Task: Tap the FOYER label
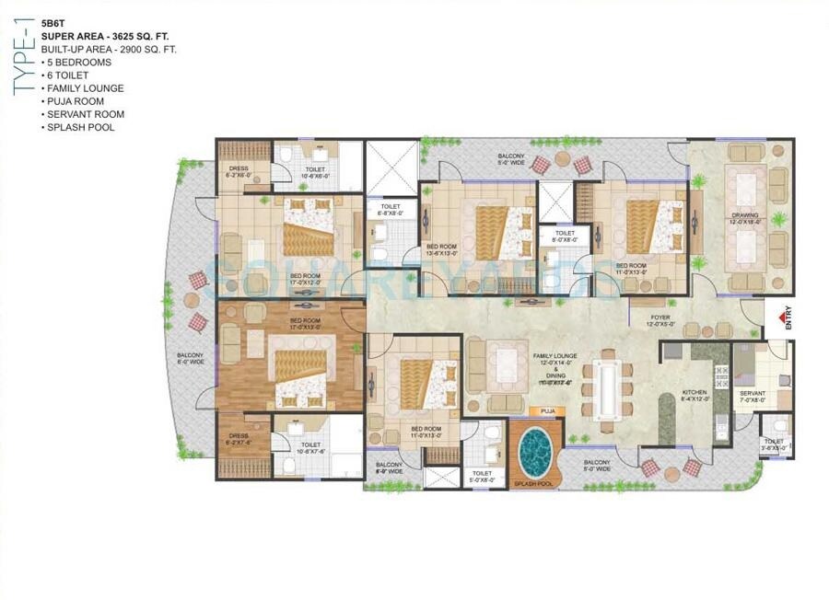coord(657,319)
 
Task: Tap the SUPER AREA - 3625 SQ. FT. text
coord(95,37)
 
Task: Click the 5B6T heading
coord(53,24)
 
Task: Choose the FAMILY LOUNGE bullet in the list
coord(85,88)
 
